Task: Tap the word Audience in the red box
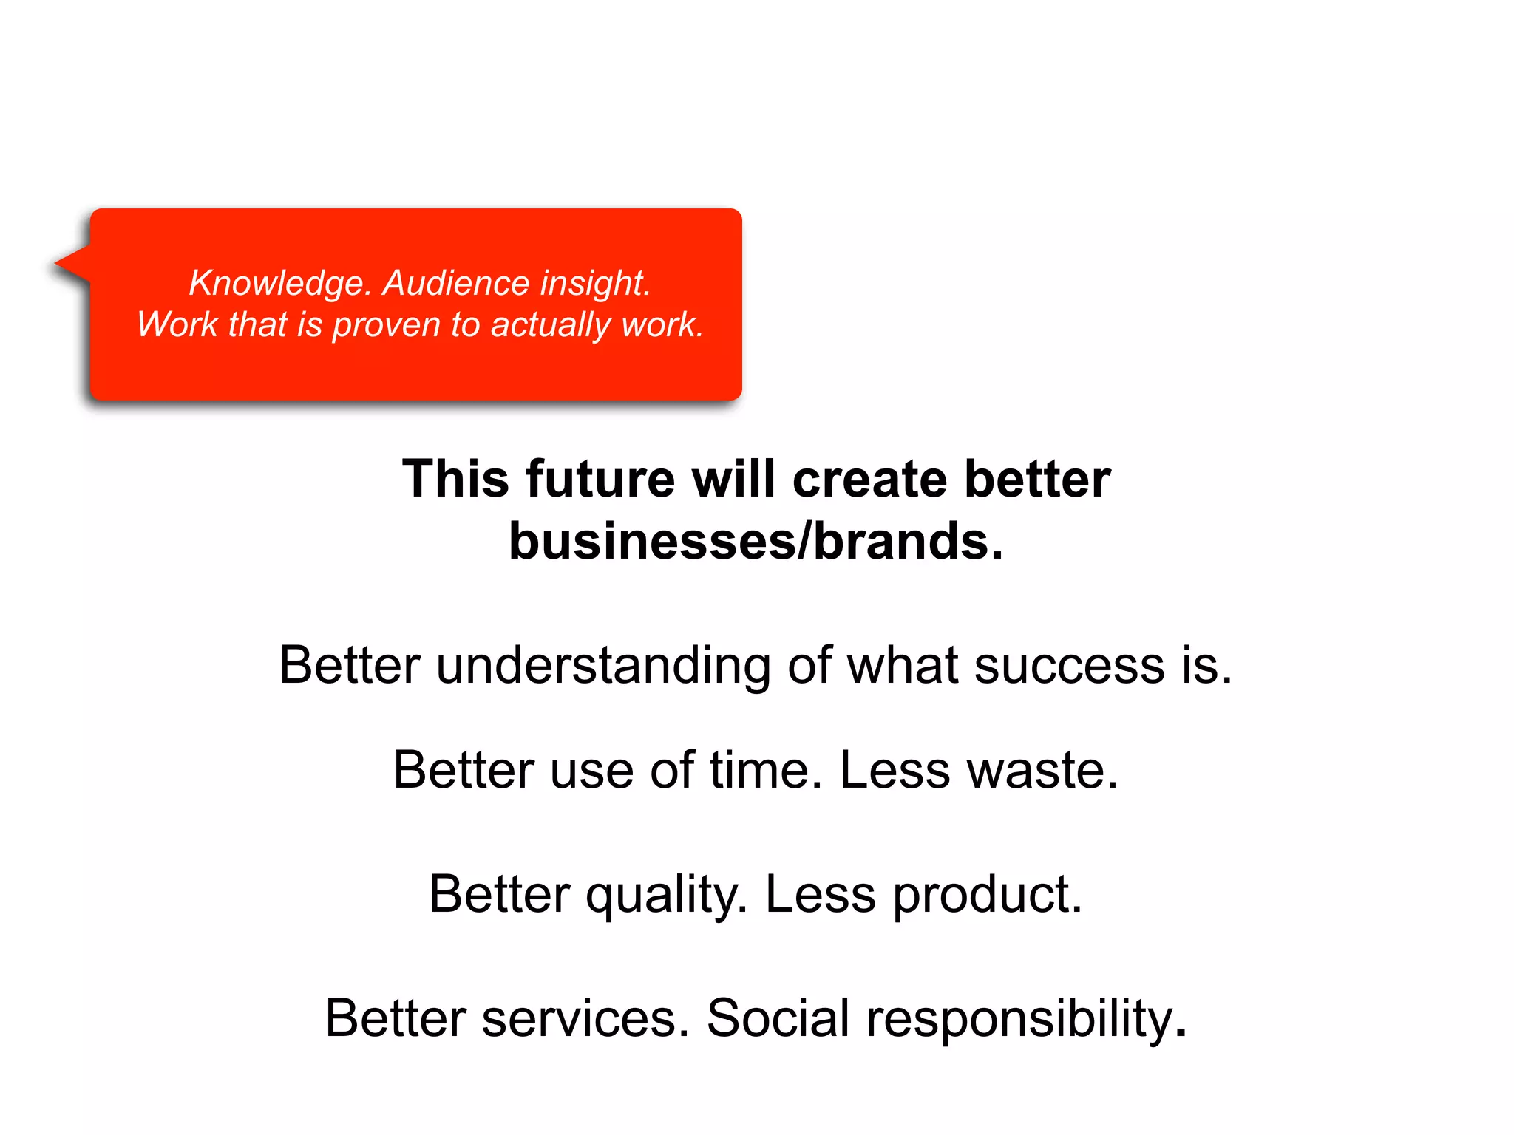[x=455, y=284]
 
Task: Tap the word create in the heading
[x=869, y=479]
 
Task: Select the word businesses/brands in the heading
[x=756, y=541]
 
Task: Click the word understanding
[x=603, y=665]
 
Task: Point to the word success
[x=1069, y=665]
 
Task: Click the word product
[x=988, y=894]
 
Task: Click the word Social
[x=778, y=1018]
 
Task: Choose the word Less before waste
[x=895, y=770]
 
